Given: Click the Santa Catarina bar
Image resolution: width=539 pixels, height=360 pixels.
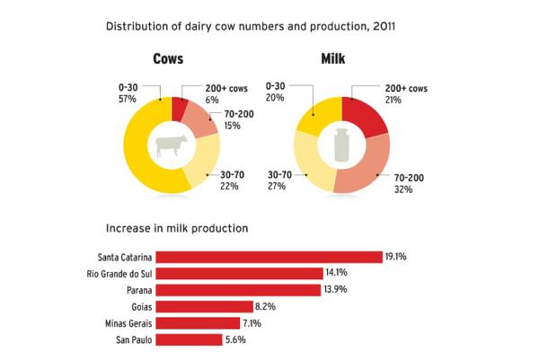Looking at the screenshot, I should pyautogui.click(x=269, y=257).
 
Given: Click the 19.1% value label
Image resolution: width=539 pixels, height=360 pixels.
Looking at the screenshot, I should pyautogui.click(x=396, y=257).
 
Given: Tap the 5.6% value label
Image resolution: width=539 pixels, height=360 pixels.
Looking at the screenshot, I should pyautogui.click(x=234, y=339).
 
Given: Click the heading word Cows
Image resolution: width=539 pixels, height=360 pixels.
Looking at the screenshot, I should pyautogui.click(x=168, y=59).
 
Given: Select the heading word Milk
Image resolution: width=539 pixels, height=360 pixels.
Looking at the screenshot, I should pyautogui.click(x=339, y=59).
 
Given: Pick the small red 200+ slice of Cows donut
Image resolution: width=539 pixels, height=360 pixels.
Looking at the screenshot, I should pyautogui.click(x=180, y=107).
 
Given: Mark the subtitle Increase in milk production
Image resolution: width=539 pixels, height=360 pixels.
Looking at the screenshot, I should pyautogui.click(x=176, y=228).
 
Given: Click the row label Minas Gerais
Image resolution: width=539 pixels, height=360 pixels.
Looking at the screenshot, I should pyautogui.click(x=129, y=323).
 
